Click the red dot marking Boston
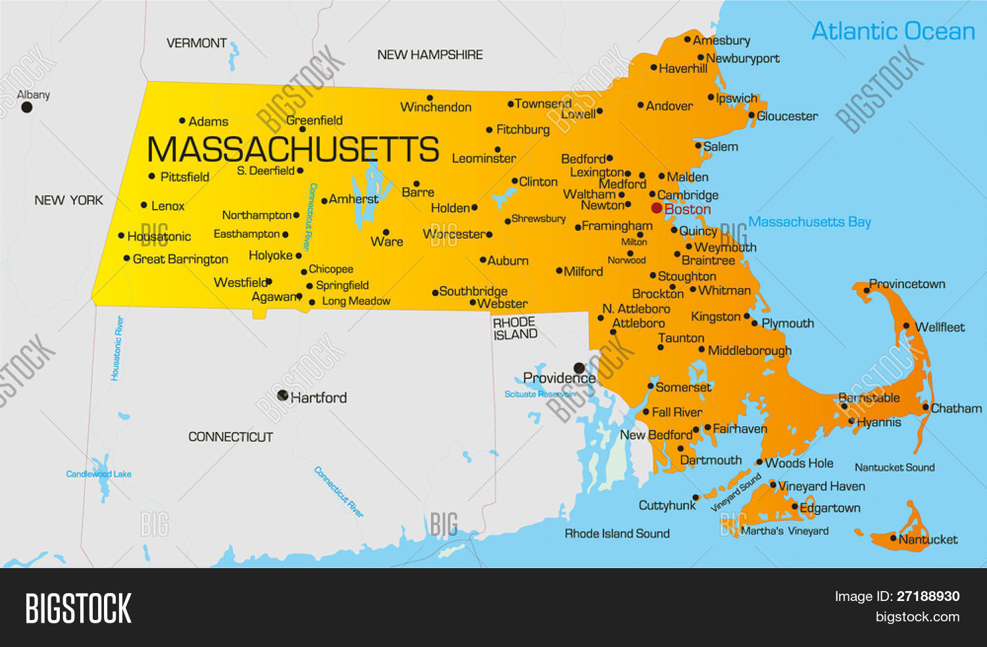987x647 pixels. (x=657, y=208)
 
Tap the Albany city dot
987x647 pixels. (x=27, y=107)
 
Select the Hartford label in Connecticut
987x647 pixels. (x=318, y=398)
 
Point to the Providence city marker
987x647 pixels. (x=579, y=368)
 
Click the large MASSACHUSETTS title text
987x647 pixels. (x=293, y=149)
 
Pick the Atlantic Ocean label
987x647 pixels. (x=893, y=31)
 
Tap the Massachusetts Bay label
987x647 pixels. (x=809, y=222)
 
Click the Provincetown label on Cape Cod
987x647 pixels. (x=907, y=284)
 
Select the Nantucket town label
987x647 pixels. (x=928, y=540)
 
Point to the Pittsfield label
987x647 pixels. (x=185, y=177)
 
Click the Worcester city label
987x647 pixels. (x=455, y=234)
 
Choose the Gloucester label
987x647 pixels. (x=787, y=116)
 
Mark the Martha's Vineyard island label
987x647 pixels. (x=784, y=531)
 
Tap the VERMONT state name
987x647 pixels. (x=196, y=43)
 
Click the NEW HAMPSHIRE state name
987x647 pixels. (x=430, y=55)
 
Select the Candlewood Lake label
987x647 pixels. (x=99, y=474)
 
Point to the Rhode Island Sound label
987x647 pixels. (x=617, y=534)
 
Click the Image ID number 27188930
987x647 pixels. (x=928, y=596)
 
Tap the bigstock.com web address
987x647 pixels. (x=917, y=617)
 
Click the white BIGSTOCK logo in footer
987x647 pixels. (x=78, y=608)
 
